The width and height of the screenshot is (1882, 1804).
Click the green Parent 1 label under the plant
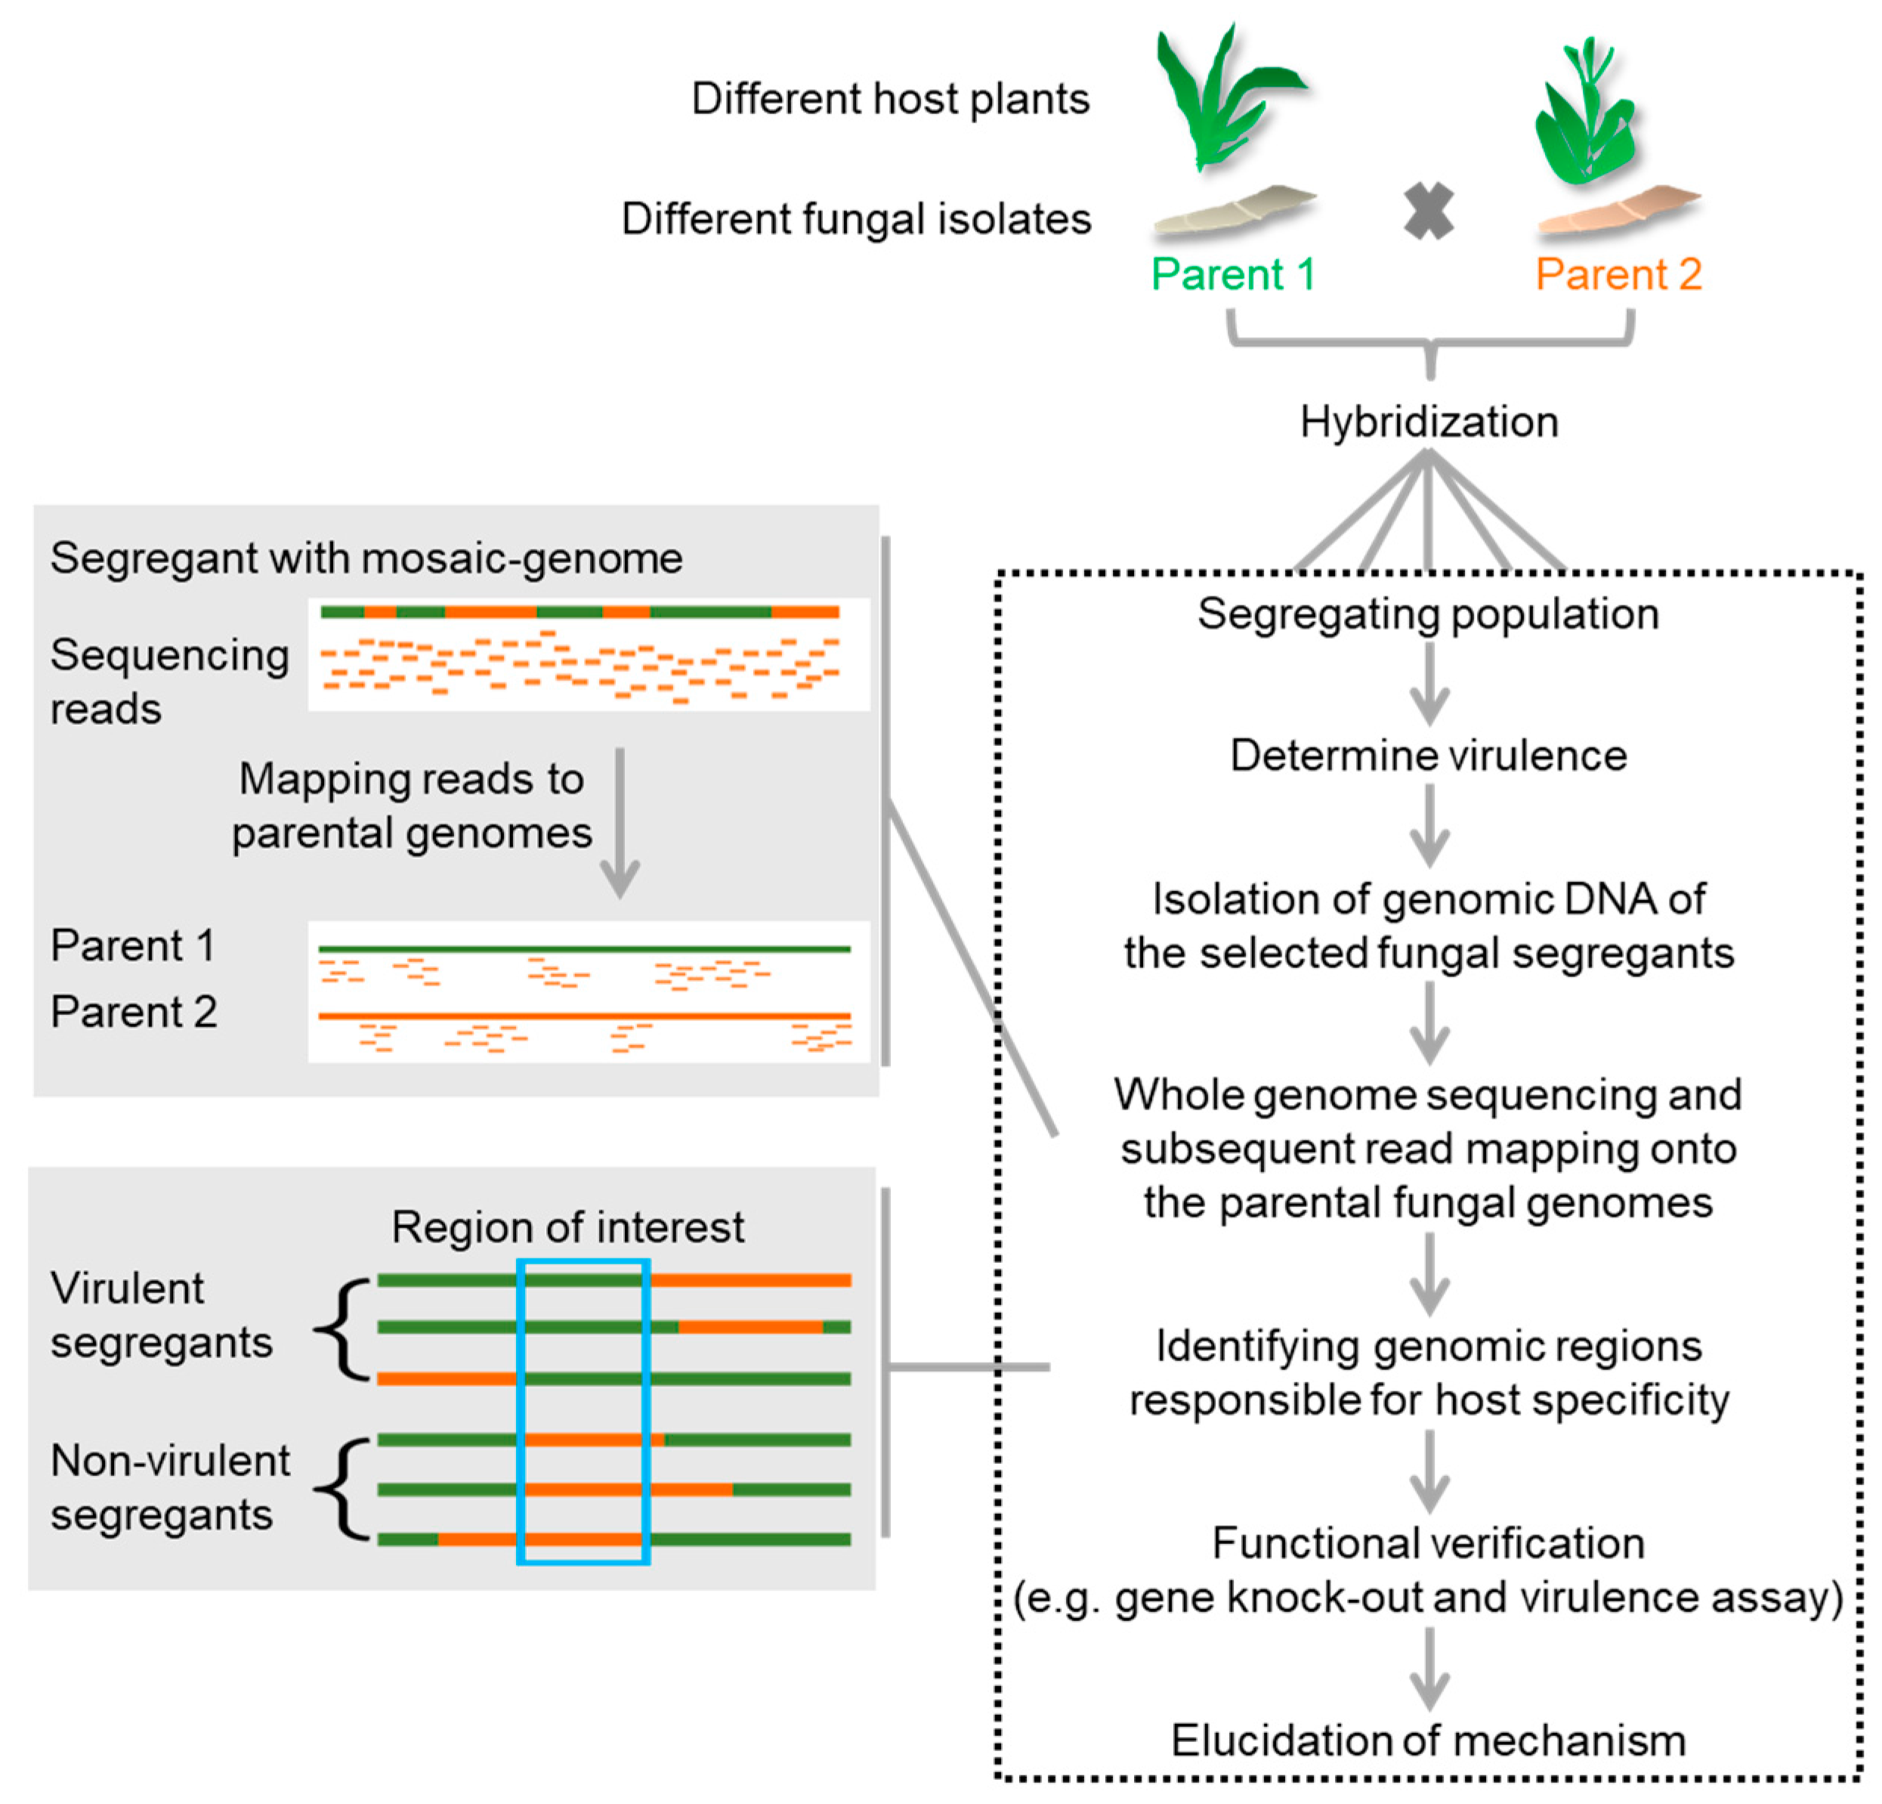click(x=1233, y=275)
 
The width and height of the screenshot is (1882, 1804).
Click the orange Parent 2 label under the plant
click(x=1619, y=275)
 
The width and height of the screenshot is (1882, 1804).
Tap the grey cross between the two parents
click(x=1428, y=212)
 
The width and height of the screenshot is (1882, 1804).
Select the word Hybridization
click(x=1429, y=422)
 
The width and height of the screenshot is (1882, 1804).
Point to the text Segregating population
click(x=1428, y=614)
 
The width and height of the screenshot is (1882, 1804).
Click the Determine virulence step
click(x=1429, y=756)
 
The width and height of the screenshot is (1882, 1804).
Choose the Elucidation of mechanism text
click(x=1428, y=1741)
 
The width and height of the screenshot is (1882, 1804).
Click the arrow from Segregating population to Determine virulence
click(x=1429, y=684)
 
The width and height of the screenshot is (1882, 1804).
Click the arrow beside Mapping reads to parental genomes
click(x=620, y=823)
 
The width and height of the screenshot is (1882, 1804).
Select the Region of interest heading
click(x=567, y=1227)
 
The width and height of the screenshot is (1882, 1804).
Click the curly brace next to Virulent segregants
click(x=344, y=1329)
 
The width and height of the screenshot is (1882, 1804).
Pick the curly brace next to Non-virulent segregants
click(x=344, y=1490)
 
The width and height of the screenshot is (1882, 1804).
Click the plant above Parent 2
click(x=1587, y=110)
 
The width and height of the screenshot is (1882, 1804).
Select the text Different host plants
click(x=890, y=99)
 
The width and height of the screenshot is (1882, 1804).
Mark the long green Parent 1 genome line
click(x=585, y=949)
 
